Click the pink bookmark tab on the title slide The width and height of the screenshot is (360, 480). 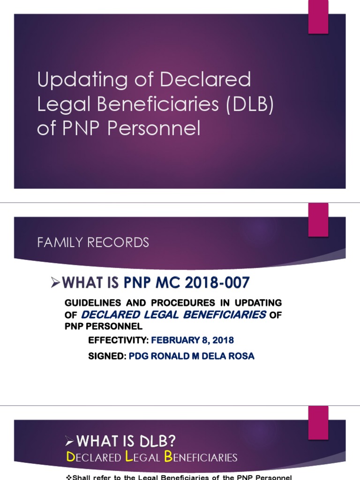(318, 17)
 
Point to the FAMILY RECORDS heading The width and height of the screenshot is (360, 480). (93, 242)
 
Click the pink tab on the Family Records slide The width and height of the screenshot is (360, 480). (318, 220)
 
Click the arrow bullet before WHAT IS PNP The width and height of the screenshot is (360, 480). (56, 282)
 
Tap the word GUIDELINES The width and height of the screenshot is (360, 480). (90, 303)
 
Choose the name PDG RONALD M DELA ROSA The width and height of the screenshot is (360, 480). (191, 356)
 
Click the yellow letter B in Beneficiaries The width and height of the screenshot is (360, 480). (168, 457)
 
